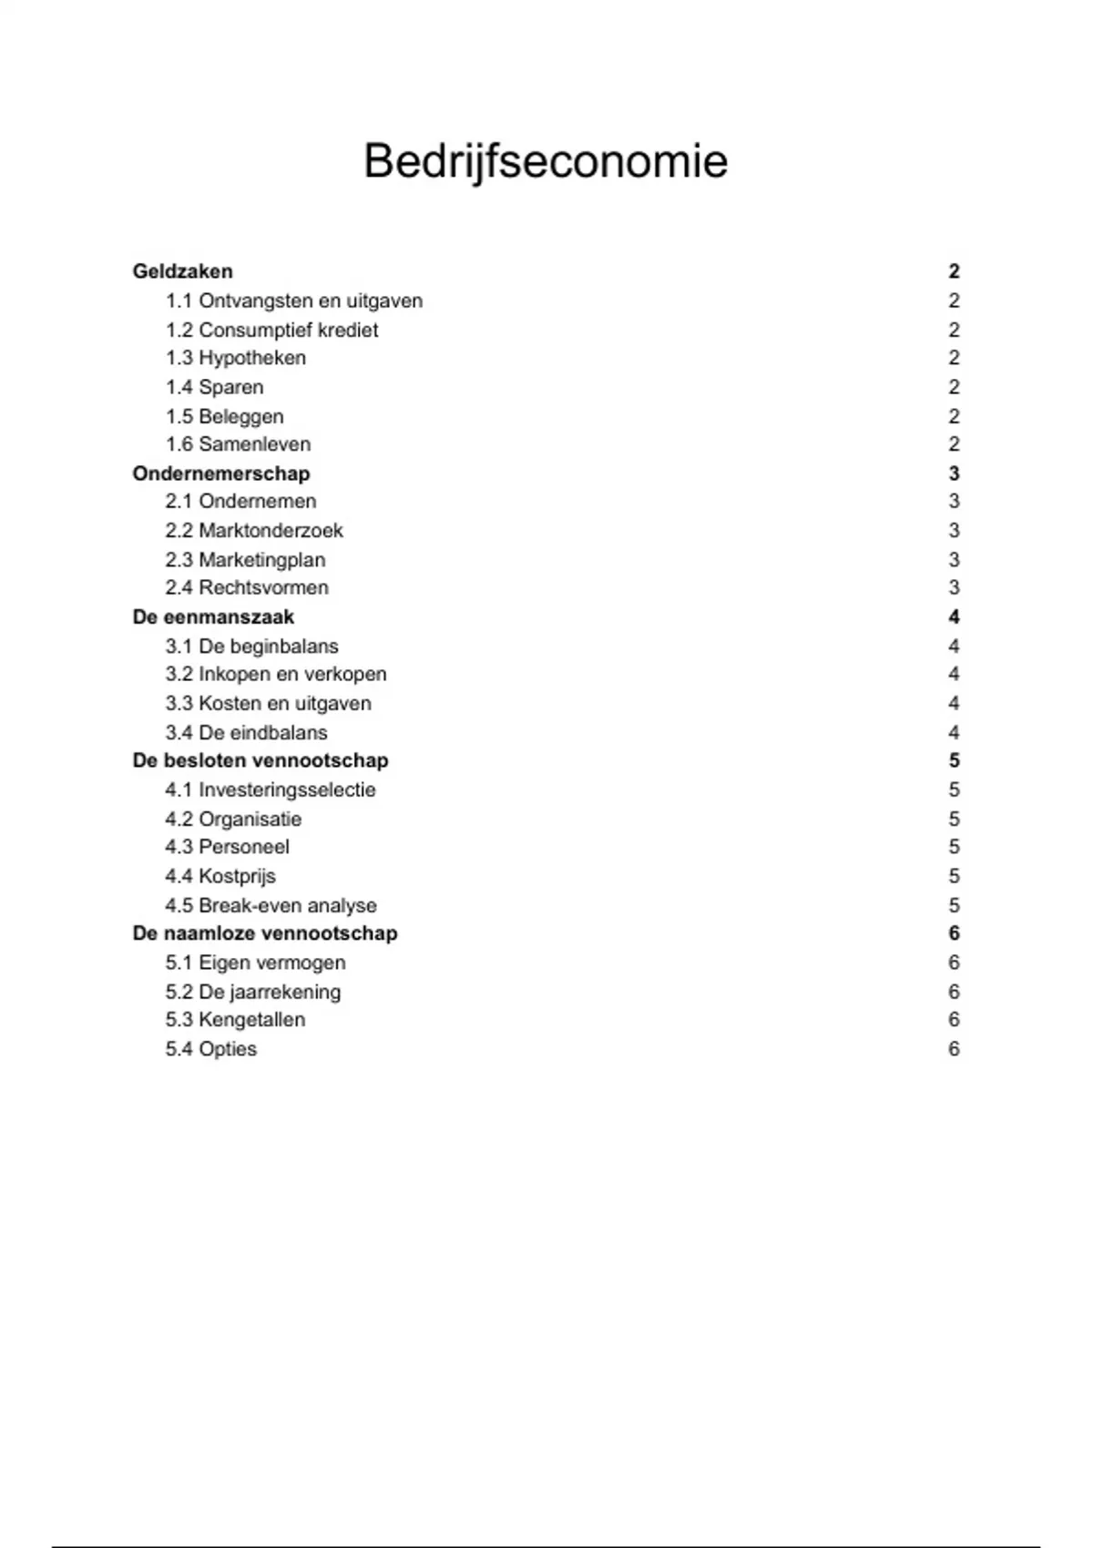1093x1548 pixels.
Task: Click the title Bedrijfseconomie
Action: (x=546, y=162)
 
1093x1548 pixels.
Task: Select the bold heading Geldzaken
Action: (x=182, y=271)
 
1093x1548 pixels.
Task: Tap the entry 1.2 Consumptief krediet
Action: (x=271, y=330)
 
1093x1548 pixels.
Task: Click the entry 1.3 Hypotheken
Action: (x=235, y=358)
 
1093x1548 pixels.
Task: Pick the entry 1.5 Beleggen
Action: (x=224, y=416)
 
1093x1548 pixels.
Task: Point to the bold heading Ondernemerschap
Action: (x=220, y=474)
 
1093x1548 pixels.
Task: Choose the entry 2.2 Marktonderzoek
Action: (x=254, y=530)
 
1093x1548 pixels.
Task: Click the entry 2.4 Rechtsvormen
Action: (x=247, y=587)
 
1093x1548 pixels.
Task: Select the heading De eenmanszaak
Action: (x=213, y=616)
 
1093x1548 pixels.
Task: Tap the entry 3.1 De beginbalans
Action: (x=251, y=646)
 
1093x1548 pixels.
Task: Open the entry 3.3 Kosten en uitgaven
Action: (x=268, y=703)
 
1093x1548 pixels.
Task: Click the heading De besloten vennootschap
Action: (x=260, y=760)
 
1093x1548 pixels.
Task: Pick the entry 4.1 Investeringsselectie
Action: (x=271, y=789)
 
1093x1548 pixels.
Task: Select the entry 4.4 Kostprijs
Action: (x=220, y=876)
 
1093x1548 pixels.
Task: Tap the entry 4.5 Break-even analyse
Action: (x=271, y=905)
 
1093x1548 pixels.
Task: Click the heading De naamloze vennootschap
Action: (x=265, y=933)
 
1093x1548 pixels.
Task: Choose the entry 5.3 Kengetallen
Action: (x=235, y=1019)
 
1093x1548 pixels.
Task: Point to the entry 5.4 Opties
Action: (x=210, y=1049)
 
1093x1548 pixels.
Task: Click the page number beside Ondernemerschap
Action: (x=954, y=474)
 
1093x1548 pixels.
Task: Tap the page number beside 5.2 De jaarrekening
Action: (x=954, y=992)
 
